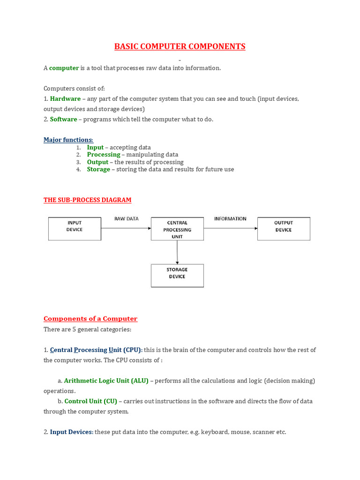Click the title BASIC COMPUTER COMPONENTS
(180, 46)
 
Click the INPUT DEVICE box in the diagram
(75, 229)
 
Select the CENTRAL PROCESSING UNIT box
(177, 229)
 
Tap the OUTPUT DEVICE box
(284, 229)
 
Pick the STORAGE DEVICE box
(177, 276)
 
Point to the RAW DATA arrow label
(126, 219)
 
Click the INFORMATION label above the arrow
(230, 219)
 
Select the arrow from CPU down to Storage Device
(177, 252)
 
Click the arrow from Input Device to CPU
(126, 228)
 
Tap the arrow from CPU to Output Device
(230, 228)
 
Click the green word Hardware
(65, 99)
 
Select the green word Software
(63, 119)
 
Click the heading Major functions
(68, 140)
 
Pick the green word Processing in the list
(104, 155)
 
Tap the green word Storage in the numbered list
(98, 169)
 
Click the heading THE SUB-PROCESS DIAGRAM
(87, 200)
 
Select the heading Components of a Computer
(90, 319)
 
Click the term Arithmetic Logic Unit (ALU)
(106, 381)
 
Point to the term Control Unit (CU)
(90, 401)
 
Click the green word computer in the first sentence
(64, 68)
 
